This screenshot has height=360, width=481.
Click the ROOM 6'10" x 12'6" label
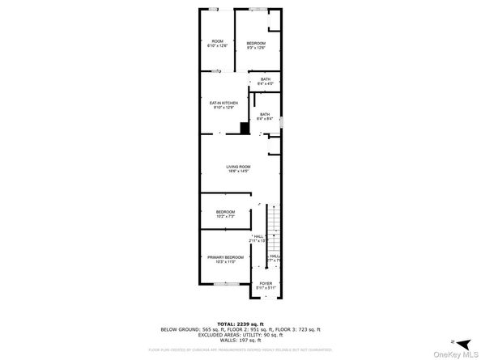click(x=217, y=44)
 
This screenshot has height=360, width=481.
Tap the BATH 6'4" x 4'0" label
click(x=265, y=81)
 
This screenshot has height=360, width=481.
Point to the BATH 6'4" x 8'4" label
click(x=265, y=116)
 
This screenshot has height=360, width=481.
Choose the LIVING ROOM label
click(x=237, y=169)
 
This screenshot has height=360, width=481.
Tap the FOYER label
click(x=266, y=285)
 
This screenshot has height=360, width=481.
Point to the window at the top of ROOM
click(x=214, y=9)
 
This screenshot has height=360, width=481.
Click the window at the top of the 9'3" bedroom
click(x=258, y=9)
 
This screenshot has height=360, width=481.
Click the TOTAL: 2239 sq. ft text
click(x=240, y=322)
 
